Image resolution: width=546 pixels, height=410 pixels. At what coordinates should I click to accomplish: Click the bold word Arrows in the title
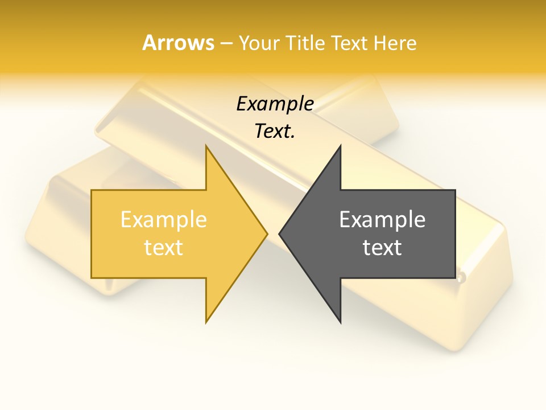point(178,43)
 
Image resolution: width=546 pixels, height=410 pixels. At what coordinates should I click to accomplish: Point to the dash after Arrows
point(226,44)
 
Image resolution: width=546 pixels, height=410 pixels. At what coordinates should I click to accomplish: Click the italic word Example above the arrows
point(275,104)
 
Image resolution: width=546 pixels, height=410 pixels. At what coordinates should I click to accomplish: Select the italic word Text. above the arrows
point(275,132)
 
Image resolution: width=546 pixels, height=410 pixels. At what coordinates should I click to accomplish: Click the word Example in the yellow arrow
point(163,220)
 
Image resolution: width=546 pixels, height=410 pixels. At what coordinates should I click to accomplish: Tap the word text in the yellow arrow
point(163,248)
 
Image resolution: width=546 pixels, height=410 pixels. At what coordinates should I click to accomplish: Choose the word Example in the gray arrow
point(382,220)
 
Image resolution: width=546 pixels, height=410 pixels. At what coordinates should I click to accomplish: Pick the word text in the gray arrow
point(382,248)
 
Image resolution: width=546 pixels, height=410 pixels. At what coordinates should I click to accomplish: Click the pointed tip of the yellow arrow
point(267,233)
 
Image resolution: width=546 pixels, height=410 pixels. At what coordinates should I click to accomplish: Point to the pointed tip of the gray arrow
point(279,233)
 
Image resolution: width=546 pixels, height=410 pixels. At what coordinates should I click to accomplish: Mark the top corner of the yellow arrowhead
point(206,146)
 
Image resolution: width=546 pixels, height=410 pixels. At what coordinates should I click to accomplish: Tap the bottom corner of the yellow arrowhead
point(206,322)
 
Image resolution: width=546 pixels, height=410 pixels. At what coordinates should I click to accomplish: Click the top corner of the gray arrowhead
point(340,146)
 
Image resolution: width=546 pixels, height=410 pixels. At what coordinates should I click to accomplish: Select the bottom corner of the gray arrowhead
point(340,322)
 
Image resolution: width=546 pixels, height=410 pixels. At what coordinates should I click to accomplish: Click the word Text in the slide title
point(346,43)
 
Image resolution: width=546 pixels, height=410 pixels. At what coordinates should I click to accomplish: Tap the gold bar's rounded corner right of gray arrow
point(462,278)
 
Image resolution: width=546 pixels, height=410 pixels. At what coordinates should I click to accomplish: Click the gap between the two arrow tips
point(273,233)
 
